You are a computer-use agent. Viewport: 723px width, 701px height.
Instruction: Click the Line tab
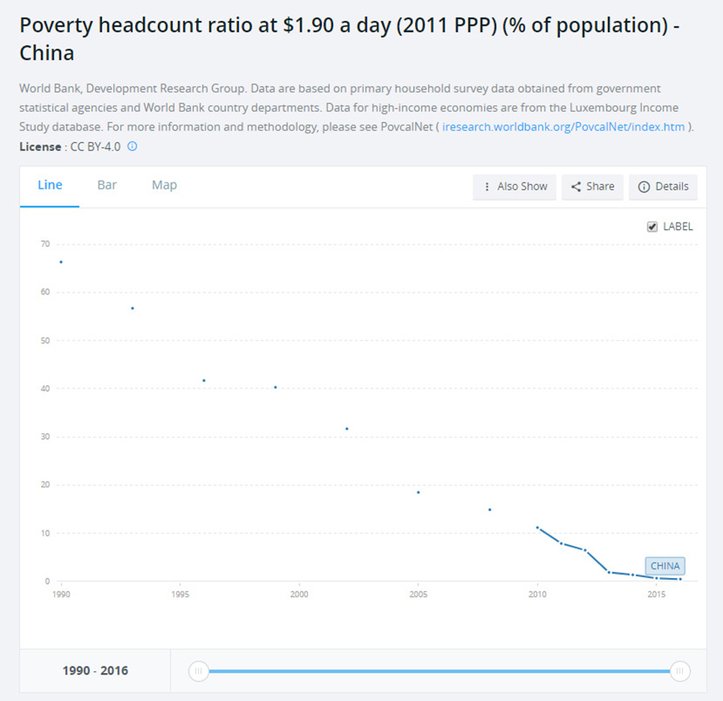coord(50,185)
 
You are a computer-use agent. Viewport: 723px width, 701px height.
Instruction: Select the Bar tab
coord(107,185)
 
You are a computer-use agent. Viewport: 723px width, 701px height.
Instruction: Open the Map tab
coord(164,185)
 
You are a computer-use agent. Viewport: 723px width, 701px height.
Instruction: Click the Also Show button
coord(515,187)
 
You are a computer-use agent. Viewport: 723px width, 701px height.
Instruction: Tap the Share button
coord(593,187)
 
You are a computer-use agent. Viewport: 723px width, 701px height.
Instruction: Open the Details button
coord(663,187)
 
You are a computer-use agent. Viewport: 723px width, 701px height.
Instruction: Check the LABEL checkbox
coord(652,227)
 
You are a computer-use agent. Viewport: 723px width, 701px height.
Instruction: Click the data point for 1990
coord(61,262)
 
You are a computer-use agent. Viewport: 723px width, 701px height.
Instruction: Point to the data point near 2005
coord(418,492)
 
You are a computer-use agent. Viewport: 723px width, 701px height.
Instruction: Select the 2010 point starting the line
coord(537,527)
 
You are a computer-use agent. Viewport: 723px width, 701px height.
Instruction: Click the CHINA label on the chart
coord(665,566)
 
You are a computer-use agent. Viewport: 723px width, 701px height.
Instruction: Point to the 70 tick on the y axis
coord(45,244)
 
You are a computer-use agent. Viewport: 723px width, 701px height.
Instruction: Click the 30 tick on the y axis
coord(45,437)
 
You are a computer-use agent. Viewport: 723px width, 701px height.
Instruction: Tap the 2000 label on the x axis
coord(299,595)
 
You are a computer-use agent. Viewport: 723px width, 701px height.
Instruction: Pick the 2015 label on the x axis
coord(656,595)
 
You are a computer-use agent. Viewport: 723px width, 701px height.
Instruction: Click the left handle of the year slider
coord(199,671)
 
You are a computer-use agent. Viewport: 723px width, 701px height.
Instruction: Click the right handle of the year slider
coord(680,671)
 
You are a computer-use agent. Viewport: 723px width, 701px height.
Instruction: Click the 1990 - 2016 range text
coord(95,670)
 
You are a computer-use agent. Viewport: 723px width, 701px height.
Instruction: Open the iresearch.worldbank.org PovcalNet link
coord(563,127)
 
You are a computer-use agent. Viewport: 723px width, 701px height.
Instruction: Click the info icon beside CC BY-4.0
coord(133,146)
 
